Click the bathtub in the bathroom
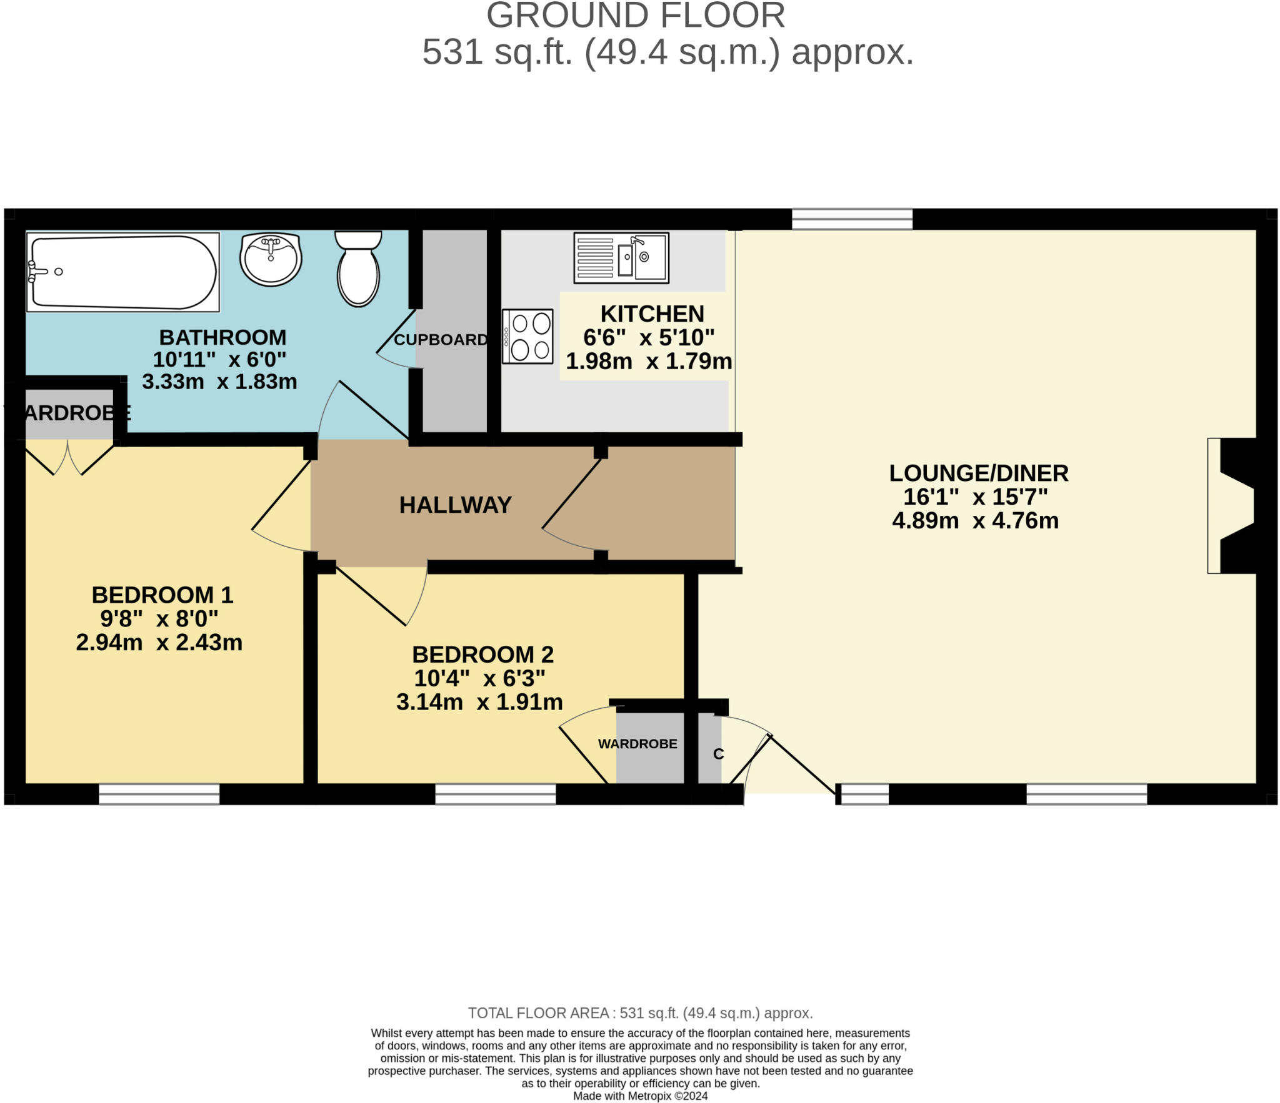point(122,272)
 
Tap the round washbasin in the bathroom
point(271,259)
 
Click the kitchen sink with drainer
point(621,258)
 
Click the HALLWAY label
point(455,505)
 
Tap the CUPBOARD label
point(441,340)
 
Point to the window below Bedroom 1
point(159,794)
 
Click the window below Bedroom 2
point(496,794)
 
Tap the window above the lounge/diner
point(852,219)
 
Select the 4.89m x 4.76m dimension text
point(975,521)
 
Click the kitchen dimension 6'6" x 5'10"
point(649,338)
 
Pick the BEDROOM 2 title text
point(482,655)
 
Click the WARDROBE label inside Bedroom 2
point(637,744)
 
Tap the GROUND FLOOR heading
point(635,16)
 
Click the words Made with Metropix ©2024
point(640,1096)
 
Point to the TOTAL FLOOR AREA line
point(640,1013)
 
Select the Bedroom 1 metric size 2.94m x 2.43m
point(159,643)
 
